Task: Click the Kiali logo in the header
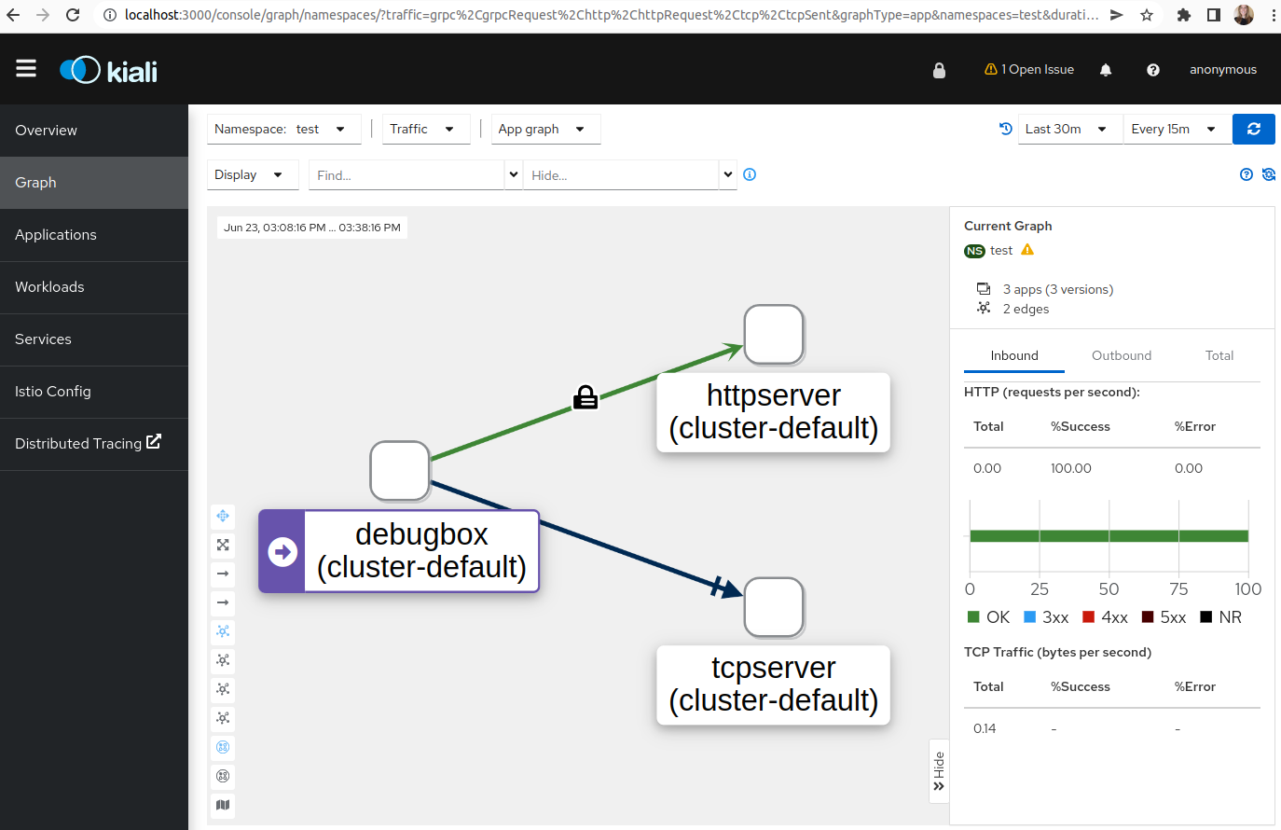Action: point(109,70)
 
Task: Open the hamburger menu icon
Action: point(26,69)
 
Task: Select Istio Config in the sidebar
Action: point(52,392)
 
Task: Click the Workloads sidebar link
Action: point(49,286)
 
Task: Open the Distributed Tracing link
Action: point(88,443)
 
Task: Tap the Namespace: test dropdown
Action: point(283,130)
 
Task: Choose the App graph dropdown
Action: point(545,130)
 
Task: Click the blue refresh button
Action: point(1254,130)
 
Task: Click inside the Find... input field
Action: point(406,175)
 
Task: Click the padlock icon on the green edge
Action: point(585,397)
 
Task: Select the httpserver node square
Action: point(774,335)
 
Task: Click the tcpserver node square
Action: point(774,607)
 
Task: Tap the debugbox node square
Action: point(400,471)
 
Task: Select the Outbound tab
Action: point(1122,355)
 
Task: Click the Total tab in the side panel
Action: point(1219,355)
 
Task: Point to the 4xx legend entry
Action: point(1105,617)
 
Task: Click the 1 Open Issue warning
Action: point(1028,69)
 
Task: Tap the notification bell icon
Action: point(1106,70)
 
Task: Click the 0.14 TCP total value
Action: point(985,728)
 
